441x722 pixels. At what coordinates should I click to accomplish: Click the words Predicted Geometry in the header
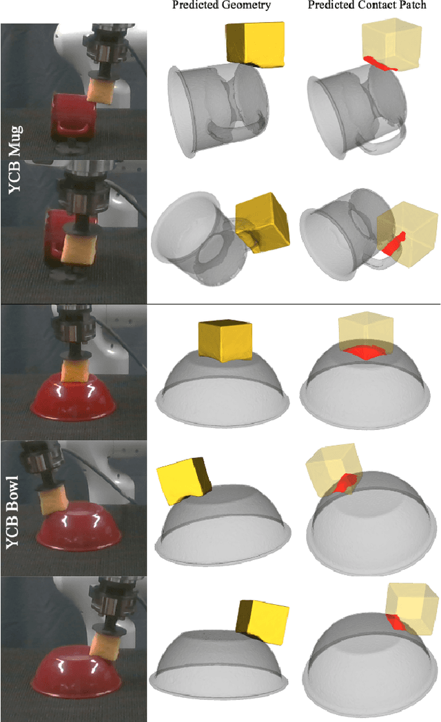click(221, 6)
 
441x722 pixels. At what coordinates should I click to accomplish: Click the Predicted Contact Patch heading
click(367, 6)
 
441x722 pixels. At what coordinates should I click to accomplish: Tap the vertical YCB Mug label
click(15, 159)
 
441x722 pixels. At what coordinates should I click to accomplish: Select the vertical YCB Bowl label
click(13, 512)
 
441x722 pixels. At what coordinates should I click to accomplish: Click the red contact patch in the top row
click(379, 63)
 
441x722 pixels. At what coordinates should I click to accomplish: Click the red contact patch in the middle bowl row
click(345, 483)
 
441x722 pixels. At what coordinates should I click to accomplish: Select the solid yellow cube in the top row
click(255, 44)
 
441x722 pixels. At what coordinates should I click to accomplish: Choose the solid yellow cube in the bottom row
click(263, 622)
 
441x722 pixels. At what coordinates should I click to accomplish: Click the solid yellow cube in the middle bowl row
click(184, 480)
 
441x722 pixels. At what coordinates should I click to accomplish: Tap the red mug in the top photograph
click(74, 116)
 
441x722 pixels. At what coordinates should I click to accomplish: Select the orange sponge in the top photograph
click(101, 91)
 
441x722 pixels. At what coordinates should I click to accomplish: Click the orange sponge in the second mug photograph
click(78, 250)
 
